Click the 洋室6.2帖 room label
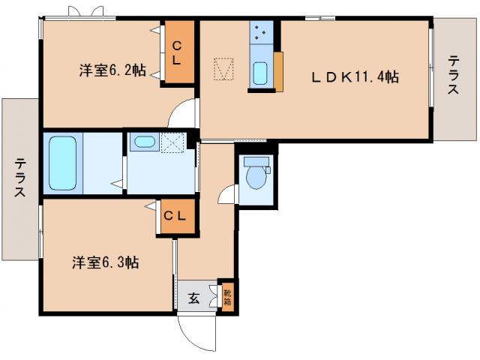click(112, 72)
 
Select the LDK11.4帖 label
click(355, 76)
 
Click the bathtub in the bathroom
click(62, 163)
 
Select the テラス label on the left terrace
click(20, 178)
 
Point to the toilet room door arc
click(227, 193)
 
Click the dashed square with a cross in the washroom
click(173, 142)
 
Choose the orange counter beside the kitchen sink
click(278, 72)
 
